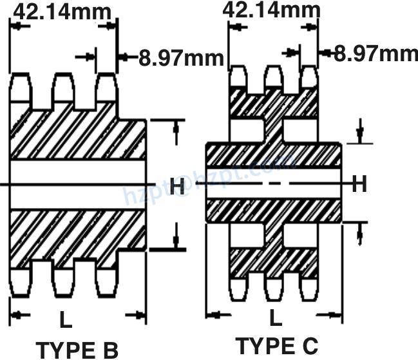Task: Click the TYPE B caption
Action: point(76,350)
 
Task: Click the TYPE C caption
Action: point(277,346)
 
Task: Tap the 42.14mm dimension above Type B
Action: point(62,11)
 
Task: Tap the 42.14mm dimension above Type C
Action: point(271,10)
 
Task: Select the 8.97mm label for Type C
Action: point(375,53)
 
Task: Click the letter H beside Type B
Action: point(178,187)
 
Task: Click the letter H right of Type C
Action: point(359,185)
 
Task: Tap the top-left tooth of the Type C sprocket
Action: point(239,78)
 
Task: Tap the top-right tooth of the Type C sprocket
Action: point(309,78)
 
